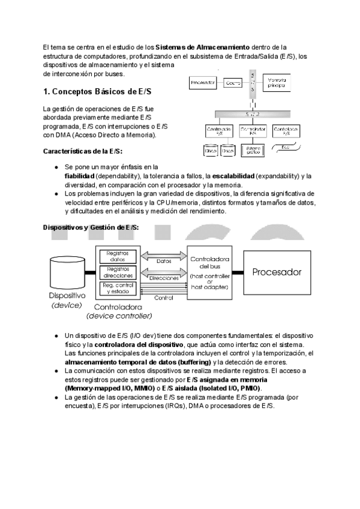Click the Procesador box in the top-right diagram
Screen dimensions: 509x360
[202, 83]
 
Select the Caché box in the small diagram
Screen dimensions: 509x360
[233, 83]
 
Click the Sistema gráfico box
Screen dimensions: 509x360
[253, 151]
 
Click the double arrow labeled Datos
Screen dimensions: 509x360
[163, 261]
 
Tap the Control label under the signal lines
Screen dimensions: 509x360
[164, 298]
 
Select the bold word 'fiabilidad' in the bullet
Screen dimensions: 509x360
[80, 176]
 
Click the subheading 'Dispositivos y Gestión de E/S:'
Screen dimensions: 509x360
[91, 227]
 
